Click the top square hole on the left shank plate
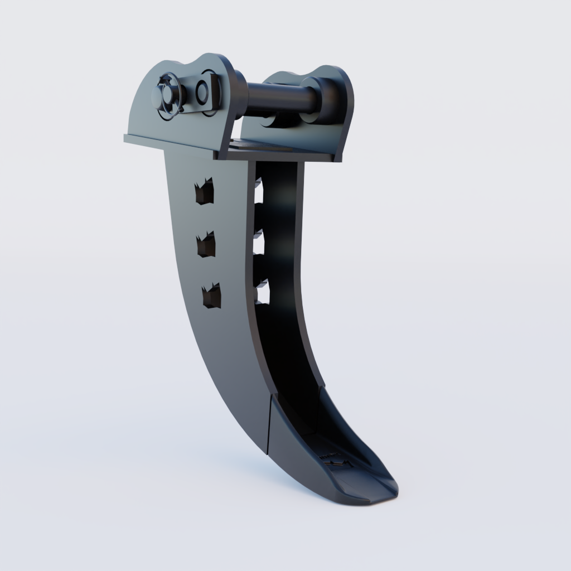coord(204,192)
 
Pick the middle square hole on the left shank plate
coord(206,245)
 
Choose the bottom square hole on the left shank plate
coord(211,296)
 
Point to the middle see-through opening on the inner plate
coord(260,245)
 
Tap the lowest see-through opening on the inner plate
coord(263,293)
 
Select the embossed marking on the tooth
coord(335,460)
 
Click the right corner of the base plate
coord(337,158)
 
